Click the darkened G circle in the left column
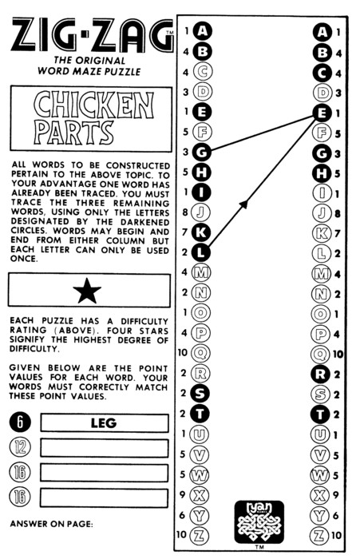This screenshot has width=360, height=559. pyautogui.click(x=202, y=153)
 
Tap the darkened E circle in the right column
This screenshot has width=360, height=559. pyautogui.click(x=322, y=113)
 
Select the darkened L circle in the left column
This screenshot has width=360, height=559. pyautogui.click(x=201, y=252)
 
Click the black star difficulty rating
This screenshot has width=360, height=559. pyautogui.click(x=87, y=291)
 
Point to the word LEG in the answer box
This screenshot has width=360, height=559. pyautogui.click(x=104, y=422)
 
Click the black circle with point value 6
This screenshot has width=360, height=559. pyautogui.click(x=20, y=422)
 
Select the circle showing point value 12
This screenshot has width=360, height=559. pyautogui.click(x=20, y=447)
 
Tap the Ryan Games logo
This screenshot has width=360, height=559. pyautogui.click(x=259, y=521)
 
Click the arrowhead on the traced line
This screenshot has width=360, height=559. pyautogui.click(x=243, y=204)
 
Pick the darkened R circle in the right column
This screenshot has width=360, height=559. pyautogui.click(x=320, y=374)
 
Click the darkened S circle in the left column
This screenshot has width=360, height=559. pyautogui.click(x=200, y=393)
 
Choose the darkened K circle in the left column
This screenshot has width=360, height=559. pyautogui.click(x=201, y=232)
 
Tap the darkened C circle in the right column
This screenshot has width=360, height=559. pyautogui.click(x=322, y=73)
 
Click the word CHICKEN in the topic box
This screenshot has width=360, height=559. pyautogui.click(x=93, y=105)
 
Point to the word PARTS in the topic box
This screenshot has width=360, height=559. pyautogui.click(x=74, y=133)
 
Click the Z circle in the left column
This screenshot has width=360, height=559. pyautogui.click(x=200, y=535)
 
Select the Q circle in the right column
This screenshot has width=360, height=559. pyautogui.click(x=320, y=354)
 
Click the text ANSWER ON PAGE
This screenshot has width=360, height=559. pyautogui.click(x=51, y=524)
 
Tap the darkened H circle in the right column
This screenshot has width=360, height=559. pyautogui.click(x=322, y=173)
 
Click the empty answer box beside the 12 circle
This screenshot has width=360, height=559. pyautogui.click(x=104, y=448)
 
